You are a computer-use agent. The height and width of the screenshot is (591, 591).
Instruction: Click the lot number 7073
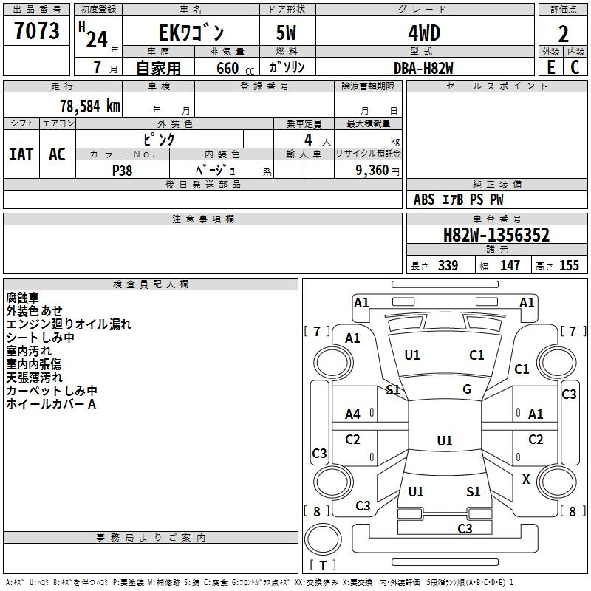tap(36, 32)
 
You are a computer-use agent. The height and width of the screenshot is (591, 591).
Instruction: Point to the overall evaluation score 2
tap(564, 33)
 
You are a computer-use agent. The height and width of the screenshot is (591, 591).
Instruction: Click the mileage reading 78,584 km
tap(81, 106)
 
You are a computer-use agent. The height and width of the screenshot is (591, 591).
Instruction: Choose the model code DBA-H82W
tap(423, 67)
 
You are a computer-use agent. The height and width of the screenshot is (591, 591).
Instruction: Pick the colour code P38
tap(123, 169)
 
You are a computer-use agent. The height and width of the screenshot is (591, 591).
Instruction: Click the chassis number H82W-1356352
tap(496, 235)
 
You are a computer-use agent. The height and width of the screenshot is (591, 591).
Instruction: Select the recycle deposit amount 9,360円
tap(369, 170)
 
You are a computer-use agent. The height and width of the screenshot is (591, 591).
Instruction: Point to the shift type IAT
tap(21, 154)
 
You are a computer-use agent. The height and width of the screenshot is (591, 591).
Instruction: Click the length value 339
tap(448, 265)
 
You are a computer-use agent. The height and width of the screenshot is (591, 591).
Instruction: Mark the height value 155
tap(569, 265)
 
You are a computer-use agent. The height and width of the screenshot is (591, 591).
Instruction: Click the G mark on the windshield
tap(467, 389)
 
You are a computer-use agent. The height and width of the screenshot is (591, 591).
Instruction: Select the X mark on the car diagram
tap(526, 479)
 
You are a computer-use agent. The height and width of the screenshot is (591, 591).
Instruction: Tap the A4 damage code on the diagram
tap(353, 414)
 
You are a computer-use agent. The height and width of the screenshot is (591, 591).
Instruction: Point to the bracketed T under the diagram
tap(323, 565)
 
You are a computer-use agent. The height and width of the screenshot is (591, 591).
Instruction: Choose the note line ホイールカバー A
tap(51, 404)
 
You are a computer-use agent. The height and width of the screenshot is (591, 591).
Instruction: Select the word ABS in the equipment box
tap(424, 199)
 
